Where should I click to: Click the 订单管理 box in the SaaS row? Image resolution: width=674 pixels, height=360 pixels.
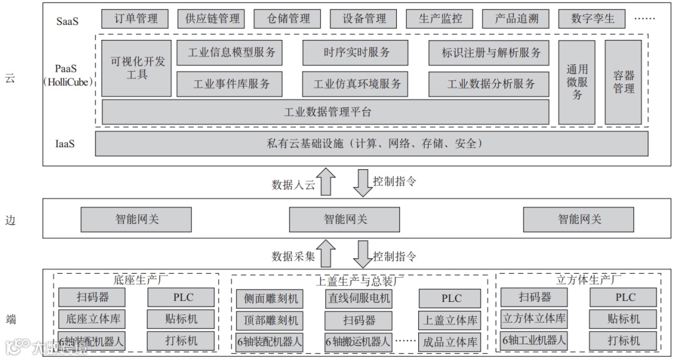point(135,19)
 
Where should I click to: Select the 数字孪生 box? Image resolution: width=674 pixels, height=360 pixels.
point(592,19)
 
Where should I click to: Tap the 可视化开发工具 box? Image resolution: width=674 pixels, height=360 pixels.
point(137,69)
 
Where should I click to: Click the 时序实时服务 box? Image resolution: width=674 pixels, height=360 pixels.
point(356,53)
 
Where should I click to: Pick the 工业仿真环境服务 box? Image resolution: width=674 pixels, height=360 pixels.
point(356,84)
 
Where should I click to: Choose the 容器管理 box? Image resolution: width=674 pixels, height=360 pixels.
point(623,82)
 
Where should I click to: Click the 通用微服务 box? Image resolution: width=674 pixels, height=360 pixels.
point(577,82)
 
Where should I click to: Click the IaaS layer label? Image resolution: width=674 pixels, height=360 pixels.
point(65,144)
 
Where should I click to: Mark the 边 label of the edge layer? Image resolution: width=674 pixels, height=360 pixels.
point(11,220)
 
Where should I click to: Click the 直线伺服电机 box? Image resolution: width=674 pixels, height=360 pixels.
point(358,298)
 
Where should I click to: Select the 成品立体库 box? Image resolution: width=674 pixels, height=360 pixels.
point(450,342)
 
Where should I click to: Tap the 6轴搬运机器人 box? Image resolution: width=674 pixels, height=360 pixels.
point(358,342)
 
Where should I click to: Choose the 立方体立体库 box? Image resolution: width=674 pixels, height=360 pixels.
point(535,319)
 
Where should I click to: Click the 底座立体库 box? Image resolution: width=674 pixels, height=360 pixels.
point(92,319)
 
